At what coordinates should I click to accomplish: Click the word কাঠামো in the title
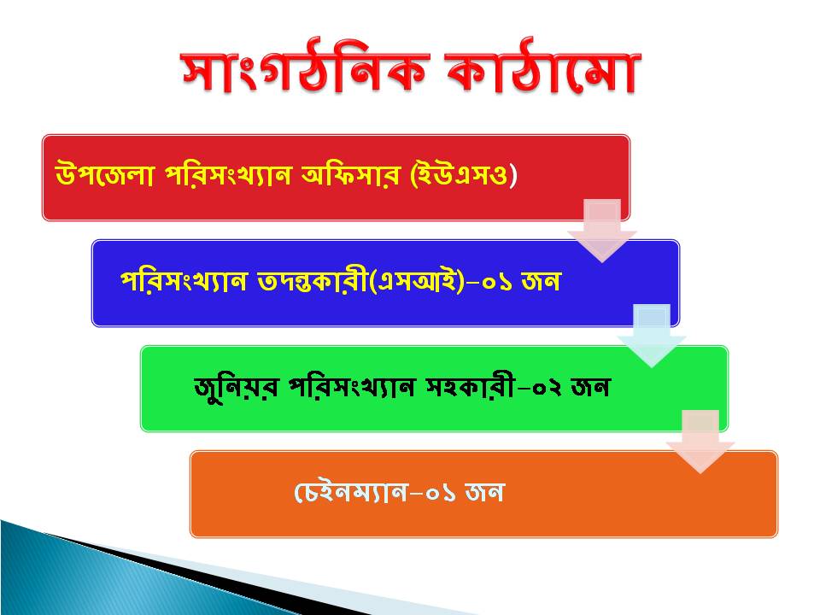click(x=543, y=68)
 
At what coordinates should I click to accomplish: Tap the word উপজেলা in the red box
click(x=104, y=174)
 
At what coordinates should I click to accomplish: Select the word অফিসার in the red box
click(x=349, y=174)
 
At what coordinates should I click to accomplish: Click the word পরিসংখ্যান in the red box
click(x=228, y=174)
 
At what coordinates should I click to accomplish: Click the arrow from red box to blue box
click(x=602, y=230)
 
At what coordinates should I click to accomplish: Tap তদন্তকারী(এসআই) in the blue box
click(x=360, y=281)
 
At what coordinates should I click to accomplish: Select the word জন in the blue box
click(x=541, y=281)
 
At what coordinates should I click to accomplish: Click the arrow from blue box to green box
click(x=652, y=336)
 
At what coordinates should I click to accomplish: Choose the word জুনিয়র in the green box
click(x=236, y=388)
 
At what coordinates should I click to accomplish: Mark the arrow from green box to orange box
click(x=700, y=442)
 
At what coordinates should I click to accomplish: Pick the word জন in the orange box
click(x=484, y=493)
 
